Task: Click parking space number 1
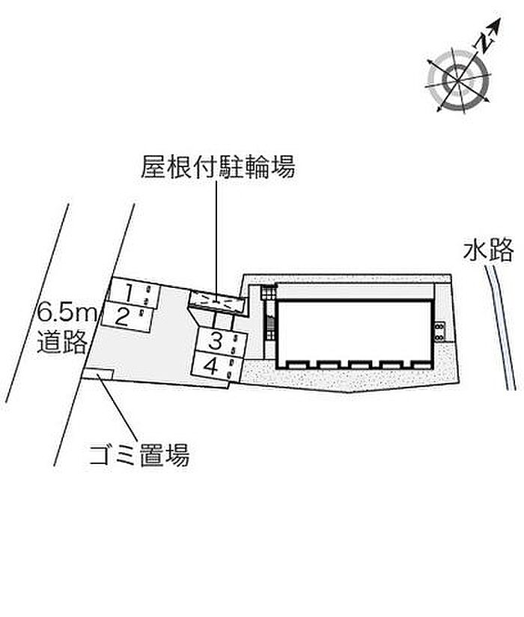(x=129, y=291)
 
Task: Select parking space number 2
(x=125, y=315)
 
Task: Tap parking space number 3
(x=215, y=342)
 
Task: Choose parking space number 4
(x=212, y=367)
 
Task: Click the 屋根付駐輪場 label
(x=218, y=166)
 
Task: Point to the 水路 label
(x=488, y=250)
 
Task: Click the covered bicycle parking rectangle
(x=216, y=301)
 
